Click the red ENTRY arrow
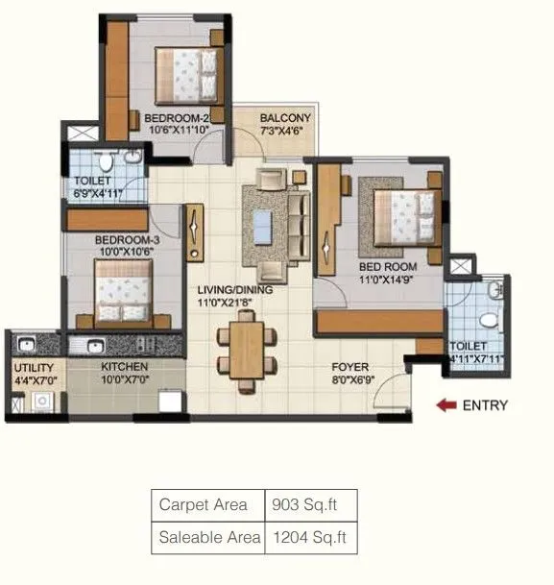446,405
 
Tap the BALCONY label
283,120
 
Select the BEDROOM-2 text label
176,120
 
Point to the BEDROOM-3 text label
126,240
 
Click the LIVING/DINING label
235,290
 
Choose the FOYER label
350,367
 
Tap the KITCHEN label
125,367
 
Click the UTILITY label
33,367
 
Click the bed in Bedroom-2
190,76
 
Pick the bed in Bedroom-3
126,293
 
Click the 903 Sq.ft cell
301,505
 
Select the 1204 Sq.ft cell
305,538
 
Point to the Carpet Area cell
203,505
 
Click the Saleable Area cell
209,538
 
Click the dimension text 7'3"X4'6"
283,134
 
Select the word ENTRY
485,405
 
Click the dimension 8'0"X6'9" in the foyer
350,380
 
